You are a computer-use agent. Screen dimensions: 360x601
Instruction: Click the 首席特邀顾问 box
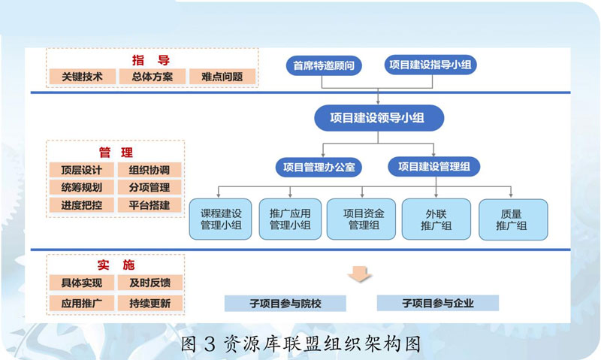(324, 65)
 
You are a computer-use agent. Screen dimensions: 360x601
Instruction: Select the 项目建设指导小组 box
(431, 65)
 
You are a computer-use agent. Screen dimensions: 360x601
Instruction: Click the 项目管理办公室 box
(319, 166)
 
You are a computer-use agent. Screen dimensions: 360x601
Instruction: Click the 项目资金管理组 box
(364, 219)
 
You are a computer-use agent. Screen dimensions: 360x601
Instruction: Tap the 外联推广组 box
(436, 219)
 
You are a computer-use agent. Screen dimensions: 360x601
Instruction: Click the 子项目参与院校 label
(285, 304)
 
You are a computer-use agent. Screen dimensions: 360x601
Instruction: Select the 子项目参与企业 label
(437, 303)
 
